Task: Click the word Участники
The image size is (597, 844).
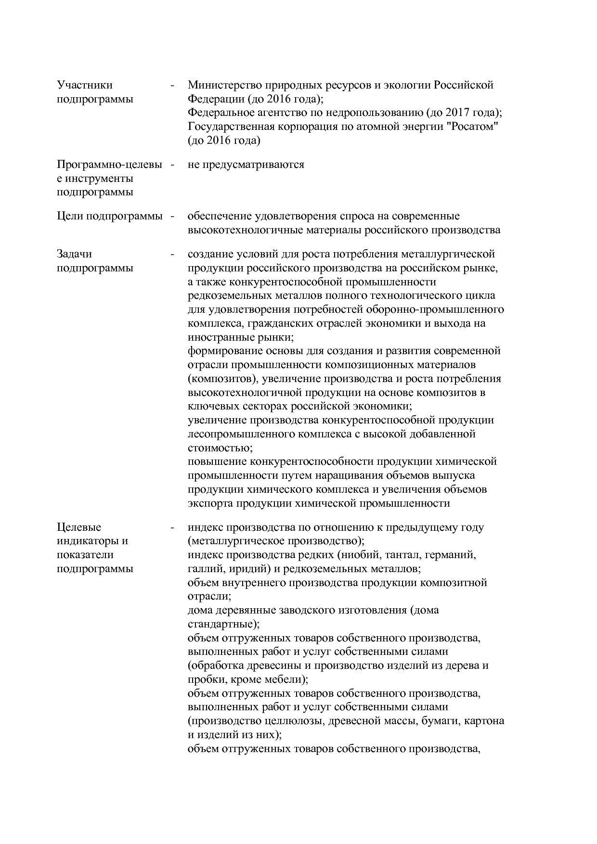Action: [x=85, y=85]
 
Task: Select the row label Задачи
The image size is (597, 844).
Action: [x=74, y=254]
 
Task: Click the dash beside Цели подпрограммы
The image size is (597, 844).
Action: [x=171, y=217]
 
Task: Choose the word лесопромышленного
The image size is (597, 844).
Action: [x=237, y=434]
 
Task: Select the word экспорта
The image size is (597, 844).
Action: [x=210, y=503]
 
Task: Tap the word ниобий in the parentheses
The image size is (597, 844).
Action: [x=355, y=555]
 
